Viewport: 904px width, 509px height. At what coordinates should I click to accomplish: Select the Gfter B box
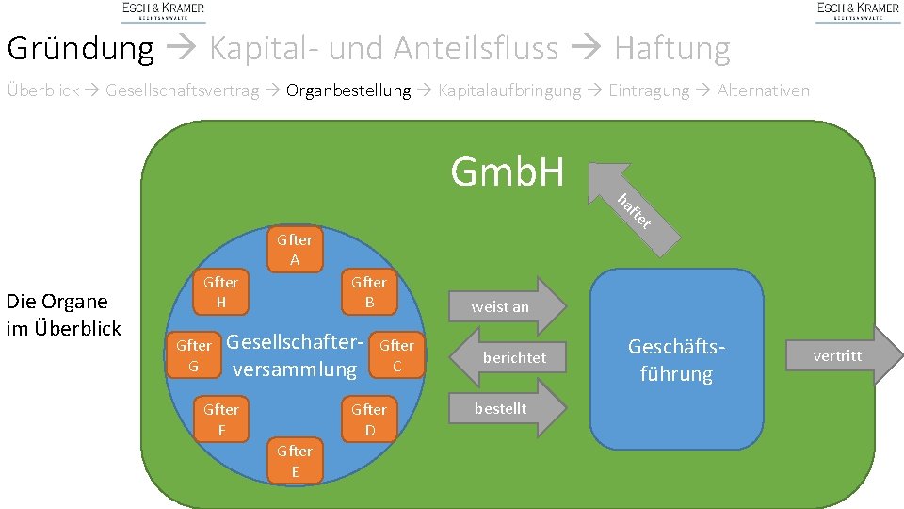[x=369, y=292]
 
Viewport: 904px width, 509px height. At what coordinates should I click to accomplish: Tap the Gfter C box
[x=396, y=355]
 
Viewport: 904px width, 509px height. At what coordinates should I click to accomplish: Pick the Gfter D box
[x=369, y=419]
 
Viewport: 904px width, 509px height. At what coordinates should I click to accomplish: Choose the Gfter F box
[x=221, y=419]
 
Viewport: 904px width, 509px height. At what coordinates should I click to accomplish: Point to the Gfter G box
[x=193, y=355]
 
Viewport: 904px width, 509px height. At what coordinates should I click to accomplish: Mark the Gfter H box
[x=221, y=292]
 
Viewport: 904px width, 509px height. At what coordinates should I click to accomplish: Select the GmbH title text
[x=507, y=172]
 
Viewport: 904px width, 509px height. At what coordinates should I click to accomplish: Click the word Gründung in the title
[x=80, y=47]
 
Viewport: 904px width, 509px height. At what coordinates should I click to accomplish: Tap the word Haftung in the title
[x=671, y=47]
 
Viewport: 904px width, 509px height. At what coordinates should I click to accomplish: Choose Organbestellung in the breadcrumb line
[x=348, y=91]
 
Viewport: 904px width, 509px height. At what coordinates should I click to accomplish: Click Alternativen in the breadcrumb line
[x=763, y=91]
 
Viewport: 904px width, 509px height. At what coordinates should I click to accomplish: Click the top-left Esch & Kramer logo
[x=163, y=10]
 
